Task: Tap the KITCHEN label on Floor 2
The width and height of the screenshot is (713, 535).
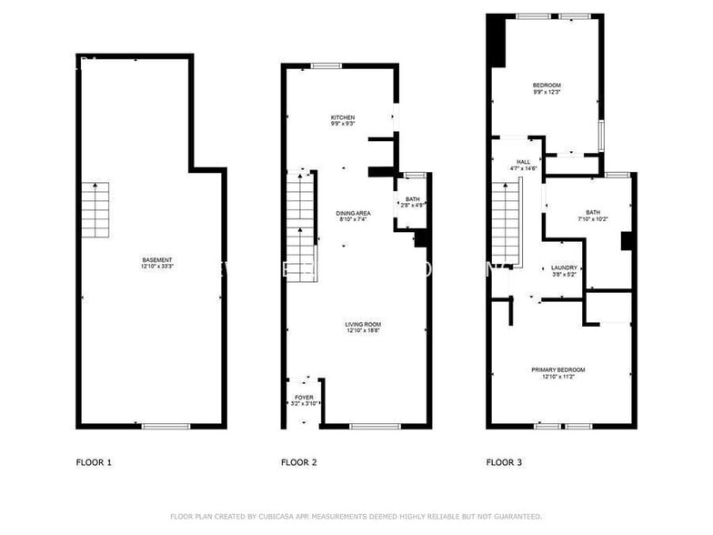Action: click(x=343, y=117)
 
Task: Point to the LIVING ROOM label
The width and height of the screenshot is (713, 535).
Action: click(x=362, y=324)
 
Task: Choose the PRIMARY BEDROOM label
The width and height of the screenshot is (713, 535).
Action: click(x=557, y=369)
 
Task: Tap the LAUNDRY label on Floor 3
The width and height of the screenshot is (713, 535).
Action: click(x=564, y=267)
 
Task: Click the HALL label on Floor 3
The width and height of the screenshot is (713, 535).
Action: click(x=523, y=162)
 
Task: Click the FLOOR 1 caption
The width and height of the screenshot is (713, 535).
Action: click(x=94, y=462)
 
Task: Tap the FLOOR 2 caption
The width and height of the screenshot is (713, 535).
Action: click(x=298, y=462)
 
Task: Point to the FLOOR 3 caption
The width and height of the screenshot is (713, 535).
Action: click(x=504, y=462)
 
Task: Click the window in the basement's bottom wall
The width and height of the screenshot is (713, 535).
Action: click(x=165, y=425)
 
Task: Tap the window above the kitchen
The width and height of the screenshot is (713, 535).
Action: click(x=326, y=66)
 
